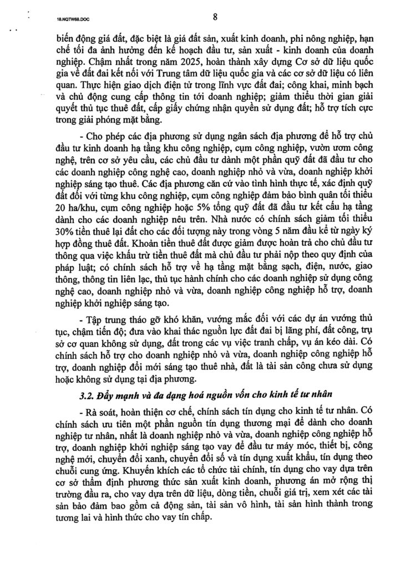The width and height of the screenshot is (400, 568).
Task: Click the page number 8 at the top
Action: coord(214,17)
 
